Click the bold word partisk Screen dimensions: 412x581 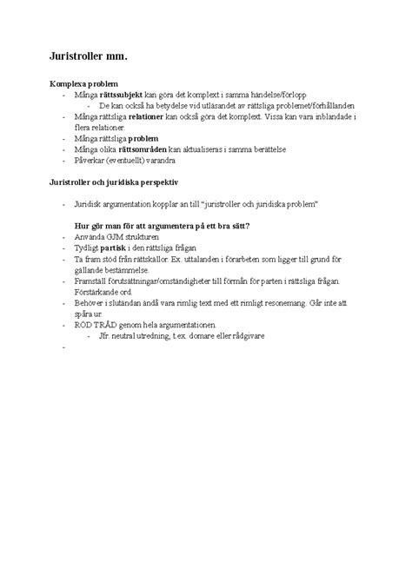point(119,248)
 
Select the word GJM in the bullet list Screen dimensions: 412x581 point(118,236)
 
